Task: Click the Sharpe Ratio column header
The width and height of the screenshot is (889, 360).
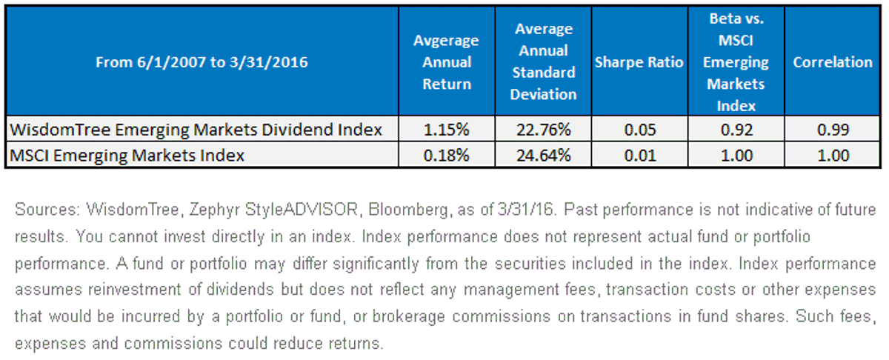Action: pyautogui.click(x=639, y=62)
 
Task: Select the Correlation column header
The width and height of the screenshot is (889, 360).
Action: pyautogui.click(x=833, y=62)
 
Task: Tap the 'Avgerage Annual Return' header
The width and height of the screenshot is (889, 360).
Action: pyautogui.click(x=447, y=62)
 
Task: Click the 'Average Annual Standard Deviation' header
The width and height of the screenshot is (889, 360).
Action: pyautogui.click(x=543, y=61)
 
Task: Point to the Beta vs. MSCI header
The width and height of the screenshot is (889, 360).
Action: pyautogui.click(x=736, y=62)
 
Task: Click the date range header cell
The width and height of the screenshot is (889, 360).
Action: pyautogui.click(x=202, y=62)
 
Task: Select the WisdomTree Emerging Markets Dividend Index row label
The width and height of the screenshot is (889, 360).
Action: pyautogui.click(x=196, y=130)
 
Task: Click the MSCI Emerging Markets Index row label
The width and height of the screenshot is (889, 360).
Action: pyautogui.click(x=127, y=156)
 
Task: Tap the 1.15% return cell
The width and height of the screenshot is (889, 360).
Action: pyautogui.click(x=447, y=130)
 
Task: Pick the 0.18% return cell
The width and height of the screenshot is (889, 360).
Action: pyautogui.click(x=447, y=156)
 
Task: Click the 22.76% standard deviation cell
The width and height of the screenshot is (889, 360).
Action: pyautogui.click(x=543, y=130)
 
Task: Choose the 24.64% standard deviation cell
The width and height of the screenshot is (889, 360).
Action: pyautogui.click(x=543, y=156)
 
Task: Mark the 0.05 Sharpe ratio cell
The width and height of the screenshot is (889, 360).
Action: pyautogui.click(x=640, y=130)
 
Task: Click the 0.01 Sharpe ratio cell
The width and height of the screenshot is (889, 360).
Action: pyautogui.click(x=640, y=156)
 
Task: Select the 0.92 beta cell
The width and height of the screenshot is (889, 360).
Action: pyautogui.click(x=736, y=130)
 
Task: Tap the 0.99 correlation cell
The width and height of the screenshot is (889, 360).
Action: pyautogui.click(x=833, y=130)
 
